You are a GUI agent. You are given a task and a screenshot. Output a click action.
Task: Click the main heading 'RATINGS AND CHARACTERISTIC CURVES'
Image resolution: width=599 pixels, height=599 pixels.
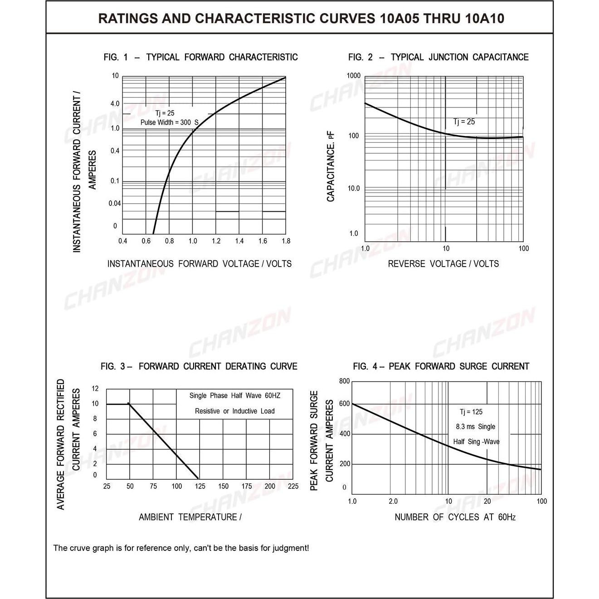236,19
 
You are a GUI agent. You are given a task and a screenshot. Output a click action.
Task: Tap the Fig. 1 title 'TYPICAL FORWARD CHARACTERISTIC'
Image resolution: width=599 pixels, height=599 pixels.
222,57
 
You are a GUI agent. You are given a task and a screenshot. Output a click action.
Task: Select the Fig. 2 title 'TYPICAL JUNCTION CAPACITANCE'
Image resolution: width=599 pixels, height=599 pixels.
459,57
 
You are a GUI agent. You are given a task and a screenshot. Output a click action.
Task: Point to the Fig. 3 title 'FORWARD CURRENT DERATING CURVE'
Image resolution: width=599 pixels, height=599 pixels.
218,366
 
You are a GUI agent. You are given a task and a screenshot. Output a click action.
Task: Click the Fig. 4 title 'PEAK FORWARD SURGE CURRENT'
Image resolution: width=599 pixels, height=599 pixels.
459,366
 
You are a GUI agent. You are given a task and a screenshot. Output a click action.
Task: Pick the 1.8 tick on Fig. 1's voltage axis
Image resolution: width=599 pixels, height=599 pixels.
286,241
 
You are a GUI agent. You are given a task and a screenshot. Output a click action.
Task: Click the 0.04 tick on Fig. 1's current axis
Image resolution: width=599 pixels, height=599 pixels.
115,204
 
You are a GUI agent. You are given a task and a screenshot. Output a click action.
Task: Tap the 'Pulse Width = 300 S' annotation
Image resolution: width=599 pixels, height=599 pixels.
169,122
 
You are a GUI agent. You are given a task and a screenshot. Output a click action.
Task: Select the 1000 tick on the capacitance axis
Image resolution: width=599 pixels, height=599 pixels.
354,76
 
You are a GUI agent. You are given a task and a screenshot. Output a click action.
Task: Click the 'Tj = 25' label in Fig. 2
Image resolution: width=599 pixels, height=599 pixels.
464,122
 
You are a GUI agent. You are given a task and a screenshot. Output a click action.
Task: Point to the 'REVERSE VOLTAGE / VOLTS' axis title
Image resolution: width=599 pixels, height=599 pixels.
443,264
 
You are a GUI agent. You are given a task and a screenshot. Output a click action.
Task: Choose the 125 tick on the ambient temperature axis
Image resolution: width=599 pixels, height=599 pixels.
200,486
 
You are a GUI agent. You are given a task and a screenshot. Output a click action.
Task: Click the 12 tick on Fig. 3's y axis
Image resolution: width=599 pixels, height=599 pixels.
95,389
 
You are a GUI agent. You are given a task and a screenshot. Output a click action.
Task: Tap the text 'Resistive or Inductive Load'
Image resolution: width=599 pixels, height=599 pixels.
234,411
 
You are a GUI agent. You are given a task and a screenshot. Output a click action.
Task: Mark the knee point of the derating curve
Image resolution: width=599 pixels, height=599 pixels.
129,404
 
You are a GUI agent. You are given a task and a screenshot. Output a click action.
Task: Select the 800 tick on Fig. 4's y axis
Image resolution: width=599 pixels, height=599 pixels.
345,381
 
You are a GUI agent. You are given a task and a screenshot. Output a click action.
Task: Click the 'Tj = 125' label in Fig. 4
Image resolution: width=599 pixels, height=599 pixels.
471,412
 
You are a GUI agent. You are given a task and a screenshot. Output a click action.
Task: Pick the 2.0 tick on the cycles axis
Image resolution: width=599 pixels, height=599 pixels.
393,502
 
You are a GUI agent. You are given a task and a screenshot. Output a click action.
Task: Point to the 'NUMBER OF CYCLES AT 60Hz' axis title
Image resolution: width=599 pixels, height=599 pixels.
455,517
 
